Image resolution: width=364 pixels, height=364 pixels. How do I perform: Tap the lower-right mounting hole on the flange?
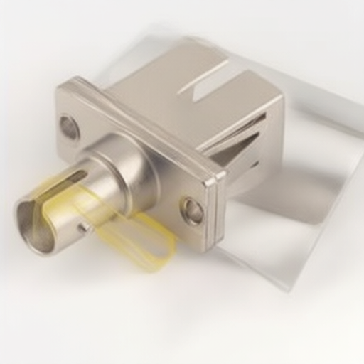(192, 210)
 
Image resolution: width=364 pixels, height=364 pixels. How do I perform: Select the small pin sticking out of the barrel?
(84, 227)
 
